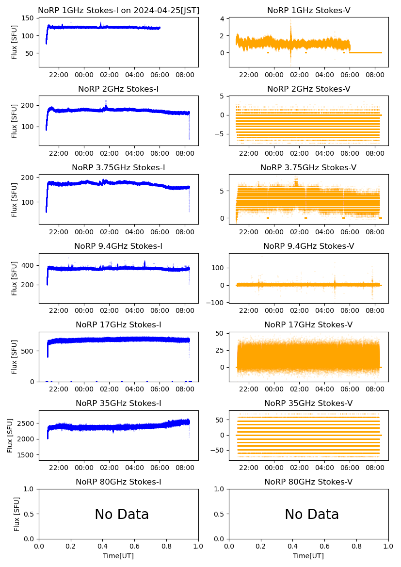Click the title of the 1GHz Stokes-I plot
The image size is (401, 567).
[118, 10]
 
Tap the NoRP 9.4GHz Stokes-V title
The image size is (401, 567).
[308, 246]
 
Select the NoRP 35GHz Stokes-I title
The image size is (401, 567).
[118, 404]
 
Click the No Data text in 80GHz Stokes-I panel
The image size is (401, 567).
[121, 514]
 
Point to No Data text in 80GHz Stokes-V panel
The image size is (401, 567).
[311, 514]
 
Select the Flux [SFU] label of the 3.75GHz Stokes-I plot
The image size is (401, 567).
[15, 199]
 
